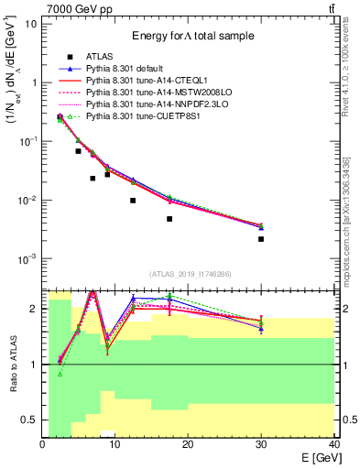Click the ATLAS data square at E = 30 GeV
tap(261, 239)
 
